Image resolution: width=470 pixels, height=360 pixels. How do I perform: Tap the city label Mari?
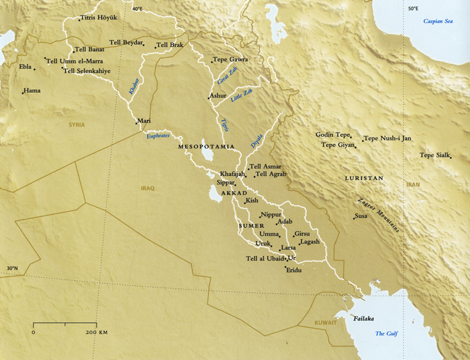[144, 121]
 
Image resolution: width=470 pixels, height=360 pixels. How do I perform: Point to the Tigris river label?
[225, 125]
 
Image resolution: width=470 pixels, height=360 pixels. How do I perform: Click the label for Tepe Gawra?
[231, 59]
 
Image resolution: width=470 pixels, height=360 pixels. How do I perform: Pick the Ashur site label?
[218, 95]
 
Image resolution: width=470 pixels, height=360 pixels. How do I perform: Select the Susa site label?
[361, 215]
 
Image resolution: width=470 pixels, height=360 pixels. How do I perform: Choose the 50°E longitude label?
[414, 8]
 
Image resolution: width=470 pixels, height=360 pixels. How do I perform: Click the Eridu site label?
[294, 271]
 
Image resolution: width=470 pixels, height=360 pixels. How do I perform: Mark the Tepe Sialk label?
[435, 155]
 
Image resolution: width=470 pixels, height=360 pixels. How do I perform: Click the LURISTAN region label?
[364, 178]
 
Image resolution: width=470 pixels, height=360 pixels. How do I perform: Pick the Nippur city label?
[271, 214]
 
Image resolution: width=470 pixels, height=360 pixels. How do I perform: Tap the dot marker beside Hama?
[23, 92]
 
